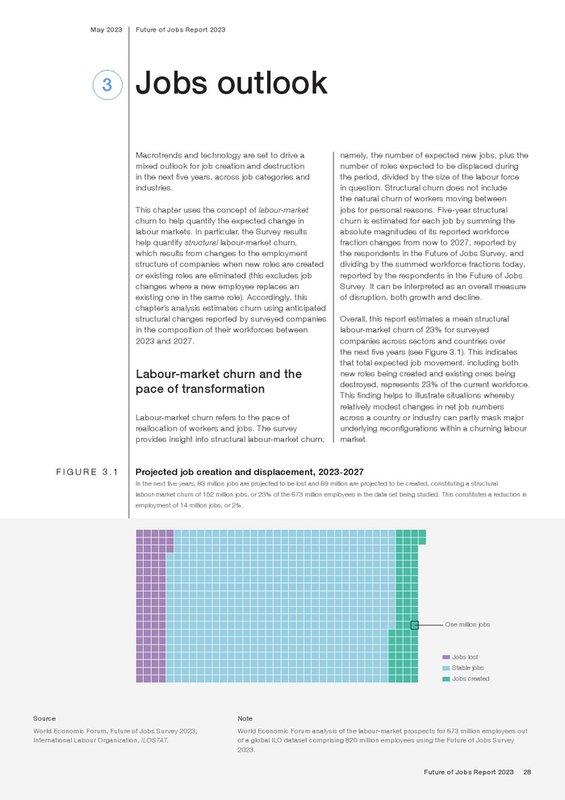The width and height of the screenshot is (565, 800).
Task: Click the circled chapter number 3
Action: pyautogui.click(x=107, y=85)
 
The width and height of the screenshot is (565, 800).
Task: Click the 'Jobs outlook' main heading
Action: pyautogui.click(x=232, y=83)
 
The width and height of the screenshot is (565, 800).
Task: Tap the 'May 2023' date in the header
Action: pyautogui.click(x=106, y=30)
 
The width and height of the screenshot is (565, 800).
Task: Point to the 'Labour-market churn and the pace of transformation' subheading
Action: pyautogui.click(x=219, y=381)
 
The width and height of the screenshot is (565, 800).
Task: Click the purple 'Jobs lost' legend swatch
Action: pyautogui.click(x=446, y=657)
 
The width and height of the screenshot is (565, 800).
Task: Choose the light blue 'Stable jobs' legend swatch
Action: pyautogui.click(x=446, y=668)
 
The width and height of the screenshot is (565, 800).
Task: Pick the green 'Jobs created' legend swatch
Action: pyautogui.click(x=446, y=679)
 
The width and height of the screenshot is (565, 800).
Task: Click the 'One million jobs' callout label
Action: pyautogui.click(x=468, y=625)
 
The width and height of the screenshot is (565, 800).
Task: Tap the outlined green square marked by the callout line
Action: pyautogui.click(x=415, y=625)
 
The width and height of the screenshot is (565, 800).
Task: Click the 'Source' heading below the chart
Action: pyautogui.click(x=44, y=718)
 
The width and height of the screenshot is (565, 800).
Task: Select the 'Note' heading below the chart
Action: pyautogui.click(x=245, y=718)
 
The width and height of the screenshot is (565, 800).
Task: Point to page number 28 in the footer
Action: pyautogui.click(x=527, y=773)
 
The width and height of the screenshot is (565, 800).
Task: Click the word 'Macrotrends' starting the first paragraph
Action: pyautogui.click(x=160, y=154)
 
